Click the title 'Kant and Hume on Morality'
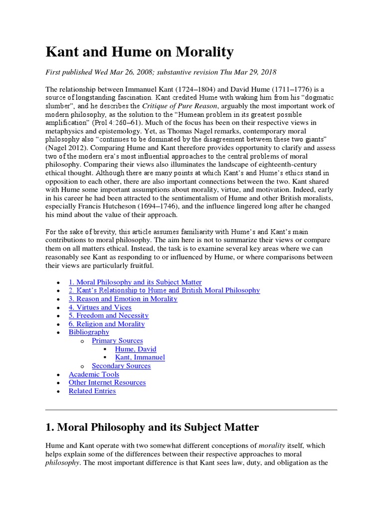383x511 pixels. point(140,51)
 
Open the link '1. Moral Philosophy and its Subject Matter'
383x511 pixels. point(135,282)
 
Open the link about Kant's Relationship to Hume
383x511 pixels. point(164,290)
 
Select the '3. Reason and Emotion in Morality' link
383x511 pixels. point(123,299)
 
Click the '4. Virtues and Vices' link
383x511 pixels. point(100,307)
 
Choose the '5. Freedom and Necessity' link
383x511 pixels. point(108,315)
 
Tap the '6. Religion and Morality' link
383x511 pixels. point(106,324)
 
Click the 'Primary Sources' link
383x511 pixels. point(117,341)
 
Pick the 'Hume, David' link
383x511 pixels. point(135,349)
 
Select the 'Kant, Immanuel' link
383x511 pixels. point(140,357)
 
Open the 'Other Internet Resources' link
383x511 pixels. point(107,382)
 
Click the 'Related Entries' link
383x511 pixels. point(92,391)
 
